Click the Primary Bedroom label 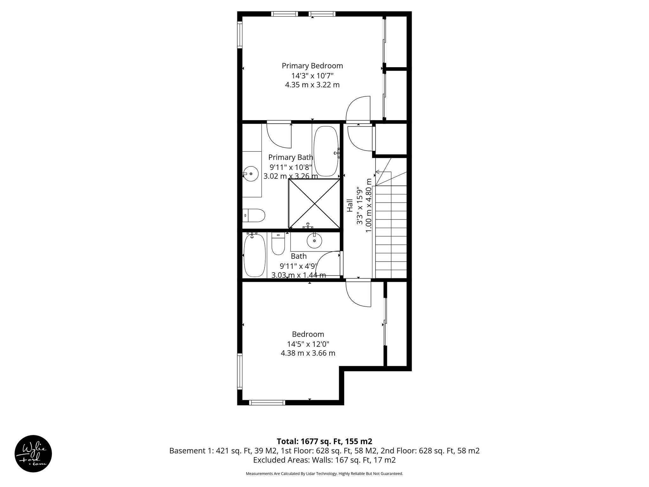click(312, 66)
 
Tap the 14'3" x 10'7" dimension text click(312, 76)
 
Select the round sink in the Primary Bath click(251, 174)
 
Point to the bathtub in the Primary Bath click(325, 151)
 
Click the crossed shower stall click(314, 203)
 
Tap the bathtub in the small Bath click(254, 256)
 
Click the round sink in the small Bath click(314, 242)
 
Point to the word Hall click(350, 205)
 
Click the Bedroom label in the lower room click(308, 334)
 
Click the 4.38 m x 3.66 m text click(308, 353)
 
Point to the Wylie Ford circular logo click(33, 453)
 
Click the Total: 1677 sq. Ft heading click(324, 441)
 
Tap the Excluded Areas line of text click(324, 460)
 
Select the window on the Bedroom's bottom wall click(267, 403)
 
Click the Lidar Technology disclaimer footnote click(324, 474)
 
